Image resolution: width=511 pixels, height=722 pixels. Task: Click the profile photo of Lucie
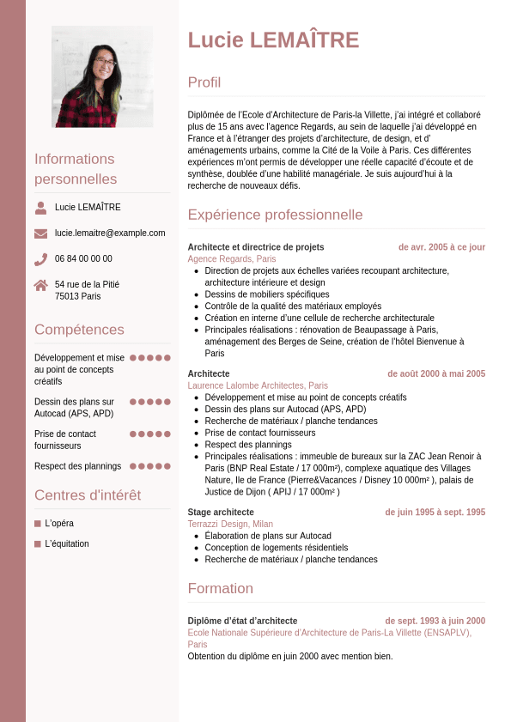point(102,76)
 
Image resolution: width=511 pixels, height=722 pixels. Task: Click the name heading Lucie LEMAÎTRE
point(273,40)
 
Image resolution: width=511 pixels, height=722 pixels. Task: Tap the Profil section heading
point(204,82)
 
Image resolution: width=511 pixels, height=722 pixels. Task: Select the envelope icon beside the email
point(40,234)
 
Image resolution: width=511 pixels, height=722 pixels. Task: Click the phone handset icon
point(40,259)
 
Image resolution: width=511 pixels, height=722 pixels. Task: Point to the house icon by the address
point(40,285)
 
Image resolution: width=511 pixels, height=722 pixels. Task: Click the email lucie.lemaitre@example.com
point(110,233)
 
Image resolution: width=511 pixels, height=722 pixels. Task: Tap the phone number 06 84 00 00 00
point(83,258)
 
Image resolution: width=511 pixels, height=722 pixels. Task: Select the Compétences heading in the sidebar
point(79,330)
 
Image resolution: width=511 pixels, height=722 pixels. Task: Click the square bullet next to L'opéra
point(38,524)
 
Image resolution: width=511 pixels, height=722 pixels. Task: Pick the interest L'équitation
point(67,544)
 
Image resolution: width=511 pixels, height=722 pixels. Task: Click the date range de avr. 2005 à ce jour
point(441,247)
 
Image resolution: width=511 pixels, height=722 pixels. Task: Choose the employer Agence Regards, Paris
point(232,259)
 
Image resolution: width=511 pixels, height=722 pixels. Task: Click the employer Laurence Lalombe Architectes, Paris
point(258,386)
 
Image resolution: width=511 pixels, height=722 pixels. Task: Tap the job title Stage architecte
point(221,513)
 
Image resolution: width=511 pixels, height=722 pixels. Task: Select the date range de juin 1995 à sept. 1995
point(435,513)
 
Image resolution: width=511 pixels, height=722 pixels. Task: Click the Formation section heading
point(221,589)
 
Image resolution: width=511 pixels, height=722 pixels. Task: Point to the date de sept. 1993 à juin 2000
point(435,622)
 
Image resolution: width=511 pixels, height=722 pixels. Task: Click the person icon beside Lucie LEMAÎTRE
point(40,208)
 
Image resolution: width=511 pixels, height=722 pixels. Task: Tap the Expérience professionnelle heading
point(275,215)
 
